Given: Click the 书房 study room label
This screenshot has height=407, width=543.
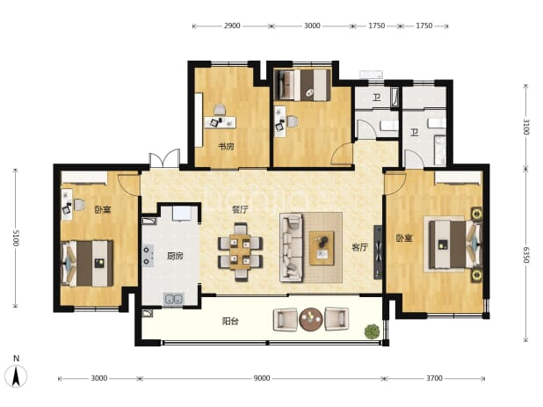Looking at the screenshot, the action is tap(226, 147).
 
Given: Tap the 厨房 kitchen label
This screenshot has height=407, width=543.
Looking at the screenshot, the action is tap(175, 257).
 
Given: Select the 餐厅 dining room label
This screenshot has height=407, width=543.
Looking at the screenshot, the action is tap(240, 209).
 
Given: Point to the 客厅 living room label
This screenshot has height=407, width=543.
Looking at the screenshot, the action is tap(360, 247).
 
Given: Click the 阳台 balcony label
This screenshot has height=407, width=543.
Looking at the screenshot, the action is tap(230, 322).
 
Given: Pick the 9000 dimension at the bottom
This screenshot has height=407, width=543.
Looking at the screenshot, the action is tap(262, 378).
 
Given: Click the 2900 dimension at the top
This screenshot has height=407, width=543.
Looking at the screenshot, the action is tap(232, 25).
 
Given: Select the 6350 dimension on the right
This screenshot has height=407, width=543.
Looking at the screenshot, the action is tap(525, 255).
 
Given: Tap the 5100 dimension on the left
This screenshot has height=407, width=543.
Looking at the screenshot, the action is tap(16, 238).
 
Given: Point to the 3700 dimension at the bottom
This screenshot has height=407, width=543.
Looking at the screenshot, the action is tap(434, 378).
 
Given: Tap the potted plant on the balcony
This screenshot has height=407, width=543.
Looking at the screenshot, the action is tap(372, 331).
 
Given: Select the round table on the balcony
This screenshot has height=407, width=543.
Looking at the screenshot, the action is tap(311, 319).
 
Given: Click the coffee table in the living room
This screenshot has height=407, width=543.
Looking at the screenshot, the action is tap(322, 249).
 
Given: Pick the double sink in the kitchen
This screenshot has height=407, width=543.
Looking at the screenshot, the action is tap(174, 299).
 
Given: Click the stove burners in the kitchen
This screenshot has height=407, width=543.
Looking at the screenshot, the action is tap(148, 256).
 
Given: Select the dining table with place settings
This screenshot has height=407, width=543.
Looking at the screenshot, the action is tap(240, 252).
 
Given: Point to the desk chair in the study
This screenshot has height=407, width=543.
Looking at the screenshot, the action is tap(220, 110).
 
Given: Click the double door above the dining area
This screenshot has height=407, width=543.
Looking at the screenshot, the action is tap(164, 159).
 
